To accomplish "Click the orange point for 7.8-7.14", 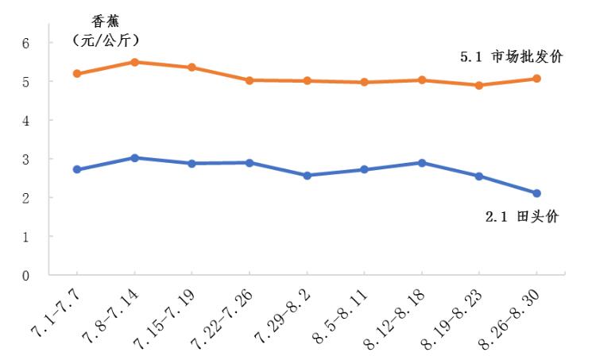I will (x=134, y=62).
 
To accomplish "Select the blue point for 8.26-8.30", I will (x=536, y=193).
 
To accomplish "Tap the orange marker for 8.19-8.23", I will (x=479, y=85).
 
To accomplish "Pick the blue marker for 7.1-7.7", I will (x=77, y=169).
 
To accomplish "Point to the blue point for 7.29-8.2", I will (x=307, y=176).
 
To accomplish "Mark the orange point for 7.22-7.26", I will (x=250, y=80).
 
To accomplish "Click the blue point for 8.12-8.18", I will (x=422, y=163).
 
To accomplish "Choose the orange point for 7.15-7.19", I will (x=192, y=68).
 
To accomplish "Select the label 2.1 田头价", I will (x=521, y=217).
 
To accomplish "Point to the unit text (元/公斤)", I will (x=106, y=39).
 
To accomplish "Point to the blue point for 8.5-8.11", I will (x=364, y=169).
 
